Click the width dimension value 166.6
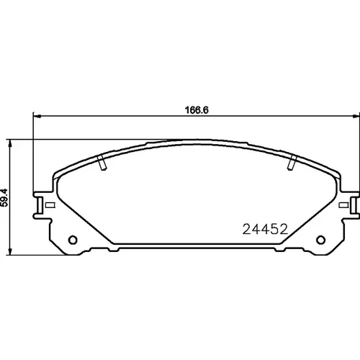click(x=197, y=110)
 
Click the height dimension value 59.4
click(x=4, y=197)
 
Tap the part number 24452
click(x=265, y=229)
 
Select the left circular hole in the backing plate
click(x=73, y=240)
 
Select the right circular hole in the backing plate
click(x=320, y=240)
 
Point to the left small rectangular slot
click(x=50, y=205)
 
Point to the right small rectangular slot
click(x=343, y=205)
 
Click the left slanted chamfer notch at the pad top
click(x=102, y=163)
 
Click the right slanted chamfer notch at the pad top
click(x=292, y=163)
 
